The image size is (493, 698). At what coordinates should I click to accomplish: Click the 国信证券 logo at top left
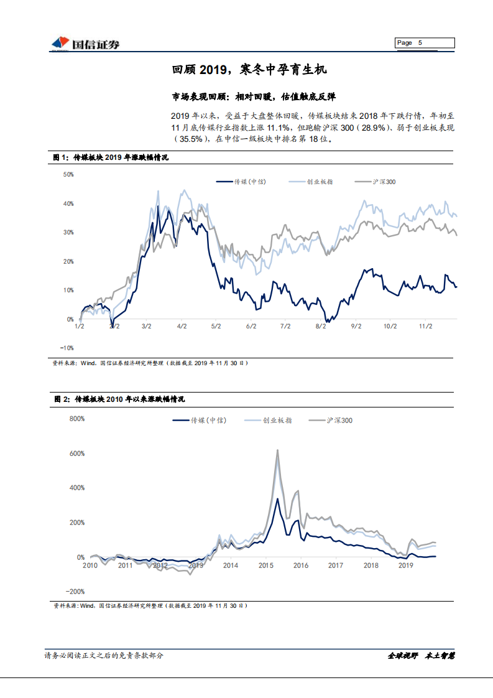[x=86, y=43]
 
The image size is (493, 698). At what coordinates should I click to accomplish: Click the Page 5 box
[x=425, y=43]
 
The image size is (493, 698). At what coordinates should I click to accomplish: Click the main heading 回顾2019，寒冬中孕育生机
[x=249, y=70]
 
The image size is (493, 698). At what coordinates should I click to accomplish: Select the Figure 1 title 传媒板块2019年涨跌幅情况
[x=121, y=158]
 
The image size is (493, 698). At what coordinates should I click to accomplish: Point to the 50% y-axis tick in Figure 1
[x=68, y=175]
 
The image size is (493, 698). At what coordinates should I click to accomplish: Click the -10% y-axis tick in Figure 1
[x=67, y=348]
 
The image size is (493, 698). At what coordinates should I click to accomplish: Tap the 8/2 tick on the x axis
[x=321, y=325]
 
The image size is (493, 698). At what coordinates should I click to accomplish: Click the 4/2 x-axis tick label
[x=182, y=325]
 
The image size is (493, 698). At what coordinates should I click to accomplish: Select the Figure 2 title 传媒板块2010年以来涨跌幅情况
[x=131, y=399]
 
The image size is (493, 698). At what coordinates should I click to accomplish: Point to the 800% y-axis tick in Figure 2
[x=76, y=419]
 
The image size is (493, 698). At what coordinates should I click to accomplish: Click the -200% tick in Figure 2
[x=75, y=592]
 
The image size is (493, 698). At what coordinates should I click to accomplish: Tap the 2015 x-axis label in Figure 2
[x=265, y=565]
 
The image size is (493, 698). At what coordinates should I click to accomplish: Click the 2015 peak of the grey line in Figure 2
[x=277, y=450]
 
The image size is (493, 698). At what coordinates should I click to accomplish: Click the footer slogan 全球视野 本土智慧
[x=421, y=655]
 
